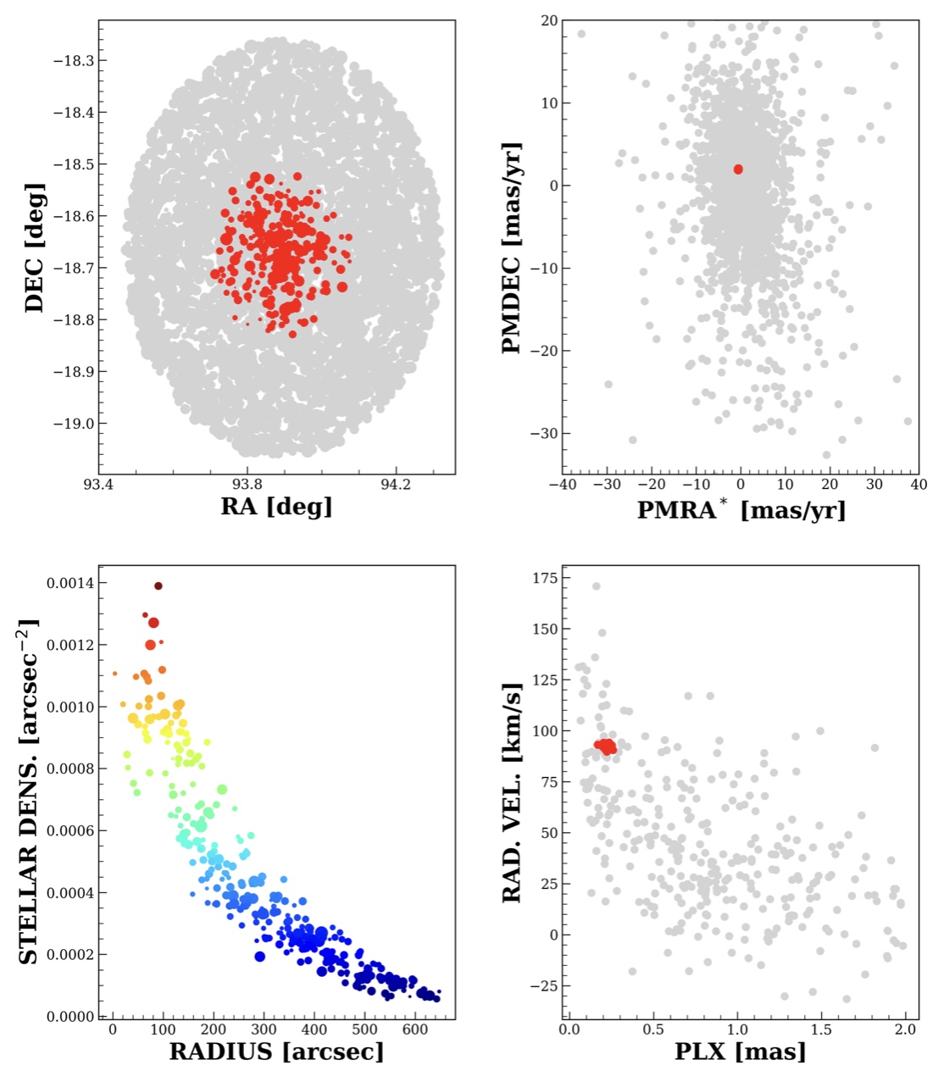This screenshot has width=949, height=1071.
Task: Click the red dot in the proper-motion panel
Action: [x=738, y=169]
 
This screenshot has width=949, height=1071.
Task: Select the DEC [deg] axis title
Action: [x=34, y=247]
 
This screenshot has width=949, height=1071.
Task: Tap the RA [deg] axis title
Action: [x=276, y=507]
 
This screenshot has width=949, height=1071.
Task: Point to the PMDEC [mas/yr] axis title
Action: [x=511, y=247]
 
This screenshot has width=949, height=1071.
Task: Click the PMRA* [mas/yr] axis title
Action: [x=741, y=509]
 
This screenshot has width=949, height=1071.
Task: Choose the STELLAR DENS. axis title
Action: [x=29, y=791]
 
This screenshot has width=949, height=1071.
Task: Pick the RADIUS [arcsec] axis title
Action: [x=276, y=1052]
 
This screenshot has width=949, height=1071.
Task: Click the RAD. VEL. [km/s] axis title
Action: [x=511, y=791]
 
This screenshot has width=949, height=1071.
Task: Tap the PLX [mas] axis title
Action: [x=740, y=1052]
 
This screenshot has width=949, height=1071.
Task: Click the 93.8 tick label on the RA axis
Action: [x=247, y=485]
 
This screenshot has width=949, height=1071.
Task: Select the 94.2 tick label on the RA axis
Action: [x=396, y=485]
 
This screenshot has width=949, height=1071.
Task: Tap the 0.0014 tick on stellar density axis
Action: [x=71, y=583]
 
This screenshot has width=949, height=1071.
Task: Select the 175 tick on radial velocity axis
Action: [x=544, y=578]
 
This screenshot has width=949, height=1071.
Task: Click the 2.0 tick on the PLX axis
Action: [x=904, y=1029]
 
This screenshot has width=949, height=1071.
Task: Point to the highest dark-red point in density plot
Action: [x=158, y=585]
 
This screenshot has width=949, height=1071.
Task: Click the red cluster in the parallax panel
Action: [x=606, y=746]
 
